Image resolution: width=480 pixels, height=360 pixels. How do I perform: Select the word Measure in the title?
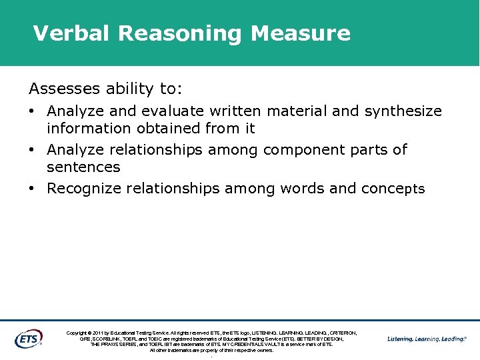301,33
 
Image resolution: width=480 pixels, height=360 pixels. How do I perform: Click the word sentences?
83,167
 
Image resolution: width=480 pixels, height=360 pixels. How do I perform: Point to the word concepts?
393,189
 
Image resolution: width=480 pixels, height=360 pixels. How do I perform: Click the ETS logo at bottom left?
28,339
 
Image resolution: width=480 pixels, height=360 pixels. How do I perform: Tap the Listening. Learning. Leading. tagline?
427,339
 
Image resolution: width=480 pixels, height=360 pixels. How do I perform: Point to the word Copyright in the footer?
79,333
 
